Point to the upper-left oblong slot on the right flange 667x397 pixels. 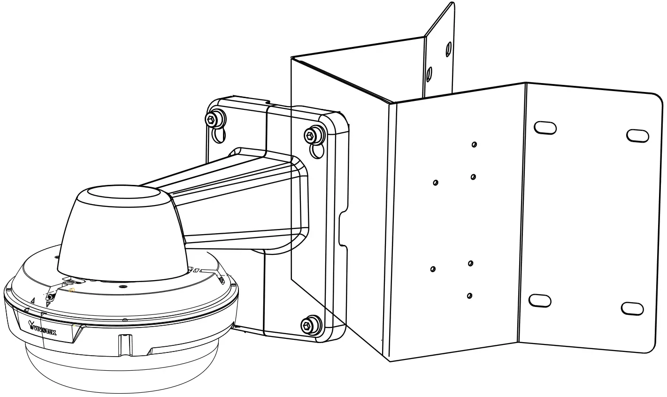pyautogui.click(x=545, y=127)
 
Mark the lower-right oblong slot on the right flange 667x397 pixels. pyautogui.click(x=632, y=308)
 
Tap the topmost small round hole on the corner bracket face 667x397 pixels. pyautogui.click(x=475, y=145)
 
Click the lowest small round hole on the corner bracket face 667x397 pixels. pyautogui.click(x=470, y=296)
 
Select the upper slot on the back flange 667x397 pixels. pyautogui.click(x=448, y=48)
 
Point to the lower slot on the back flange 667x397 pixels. pyautogui.click(x=429, y=74)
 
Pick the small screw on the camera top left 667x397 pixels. pyautogui.click(x=50, y=297)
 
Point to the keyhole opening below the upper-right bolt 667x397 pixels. pyautogui.click(x=317, y=150)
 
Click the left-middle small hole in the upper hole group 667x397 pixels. pyautogui.click(x=436, y=182)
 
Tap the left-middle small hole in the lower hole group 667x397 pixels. pyautogui.click(x=433, y=269)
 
